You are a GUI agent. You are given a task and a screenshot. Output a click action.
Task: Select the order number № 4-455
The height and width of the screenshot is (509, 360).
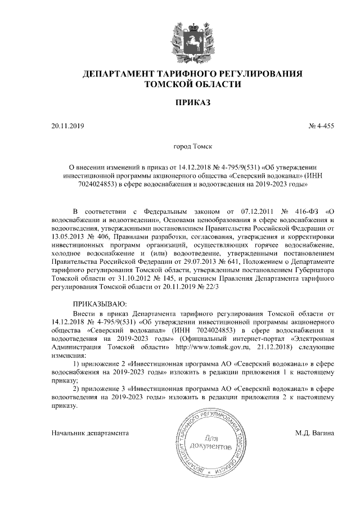coord(322,126)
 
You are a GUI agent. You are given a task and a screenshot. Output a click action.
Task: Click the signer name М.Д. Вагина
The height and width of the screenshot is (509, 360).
coord(314,433)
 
